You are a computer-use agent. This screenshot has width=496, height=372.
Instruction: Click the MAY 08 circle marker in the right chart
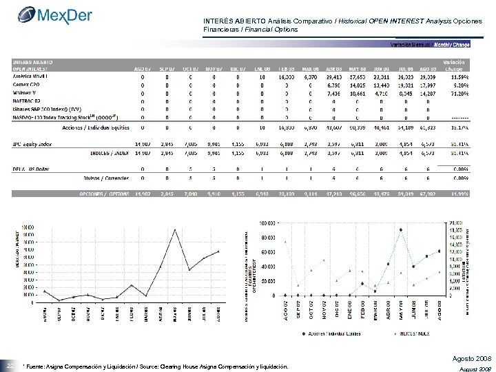point(400,229)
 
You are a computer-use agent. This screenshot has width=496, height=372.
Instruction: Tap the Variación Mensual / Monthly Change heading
point(428,44)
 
